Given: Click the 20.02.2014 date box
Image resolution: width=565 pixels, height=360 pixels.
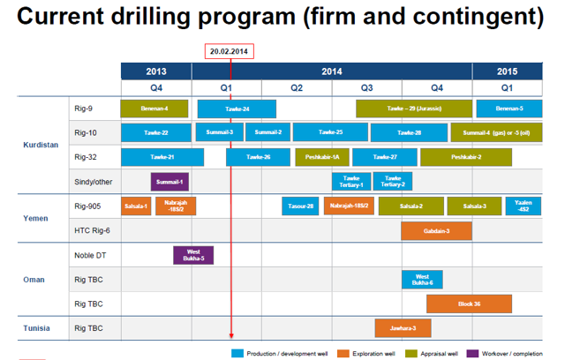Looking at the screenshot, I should click(230, 51).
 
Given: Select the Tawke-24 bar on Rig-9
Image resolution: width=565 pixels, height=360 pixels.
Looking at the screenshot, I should click(237, 109).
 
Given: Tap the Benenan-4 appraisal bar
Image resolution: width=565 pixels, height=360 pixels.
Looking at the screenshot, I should click(154, 109).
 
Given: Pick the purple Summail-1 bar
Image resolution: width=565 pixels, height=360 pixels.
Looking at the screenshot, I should click(169, 182).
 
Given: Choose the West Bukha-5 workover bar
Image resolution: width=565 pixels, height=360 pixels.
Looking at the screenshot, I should click(193, 255).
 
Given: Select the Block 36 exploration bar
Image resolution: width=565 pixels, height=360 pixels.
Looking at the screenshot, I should click(469, 304).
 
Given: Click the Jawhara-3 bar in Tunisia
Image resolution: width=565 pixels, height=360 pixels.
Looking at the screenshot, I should click(402, 328).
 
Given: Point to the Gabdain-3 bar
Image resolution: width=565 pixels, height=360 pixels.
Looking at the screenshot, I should click(436, 230).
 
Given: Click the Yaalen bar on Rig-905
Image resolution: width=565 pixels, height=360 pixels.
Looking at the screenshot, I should click(524, 206).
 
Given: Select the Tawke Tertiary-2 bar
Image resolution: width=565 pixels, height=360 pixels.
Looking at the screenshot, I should click(392, 182).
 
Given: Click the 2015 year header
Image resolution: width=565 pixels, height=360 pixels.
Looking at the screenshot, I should click(507, 71).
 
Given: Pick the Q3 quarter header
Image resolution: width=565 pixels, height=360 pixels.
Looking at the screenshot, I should click(366, 87).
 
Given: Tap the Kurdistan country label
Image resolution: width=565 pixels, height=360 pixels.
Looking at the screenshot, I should click(41, 145).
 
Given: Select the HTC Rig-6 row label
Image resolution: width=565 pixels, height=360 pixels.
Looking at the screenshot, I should click(94, 230).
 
